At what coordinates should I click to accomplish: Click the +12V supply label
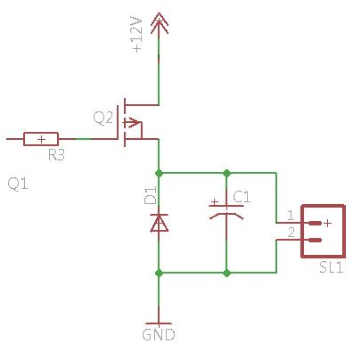[137, 35]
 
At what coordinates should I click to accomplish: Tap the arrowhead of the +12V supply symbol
[160, 23]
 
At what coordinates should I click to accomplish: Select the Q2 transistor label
[103, 118]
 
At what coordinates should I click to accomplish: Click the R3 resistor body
[41, 139]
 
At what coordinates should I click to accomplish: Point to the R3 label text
[56, 155]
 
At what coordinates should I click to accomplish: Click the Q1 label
[18, 184]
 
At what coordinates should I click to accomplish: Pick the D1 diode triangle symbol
[159, 223]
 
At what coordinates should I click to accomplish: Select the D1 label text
[150, 195]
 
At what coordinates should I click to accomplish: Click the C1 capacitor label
[242, 197]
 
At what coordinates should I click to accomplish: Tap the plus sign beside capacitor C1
[214, 202]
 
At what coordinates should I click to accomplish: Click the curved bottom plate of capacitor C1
[226, 216]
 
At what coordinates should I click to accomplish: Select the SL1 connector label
[332, 267]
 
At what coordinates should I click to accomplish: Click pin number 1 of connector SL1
[291, 215]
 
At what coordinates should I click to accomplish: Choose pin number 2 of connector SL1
[291, 233]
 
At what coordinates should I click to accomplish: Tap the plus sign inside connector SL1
[327, 223]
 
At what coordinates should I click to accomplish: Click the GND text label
[159, 335]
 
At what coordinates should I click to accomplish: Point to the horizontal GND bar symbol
[159, 323]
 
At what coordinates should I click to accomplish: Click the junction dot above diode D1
[159, 173]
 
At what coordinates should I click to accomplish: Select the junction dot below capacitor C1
[226, 273]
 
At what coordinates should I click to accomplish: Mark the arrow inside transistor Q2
[131, 122]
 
